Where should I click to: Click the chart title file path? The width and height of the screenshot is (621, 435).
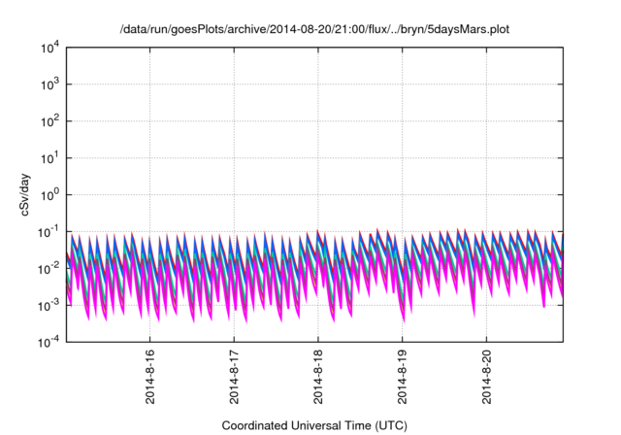pyautogui.click(x=315, y=30)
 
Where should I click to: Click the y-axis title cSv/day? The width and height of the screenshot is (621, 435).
pyautogui.click(x=32, y=194)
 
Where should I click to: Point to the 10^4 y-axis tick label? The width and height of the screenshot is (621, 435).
pyautogui.click(x=49, y=48)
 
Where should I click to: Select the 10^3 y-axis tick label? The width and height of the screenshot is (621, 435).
pyautogui.click(x=49, y=84)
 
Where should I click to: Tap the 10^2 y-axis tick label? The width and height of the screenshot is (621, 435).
pyautogui.click(x=49, y=121)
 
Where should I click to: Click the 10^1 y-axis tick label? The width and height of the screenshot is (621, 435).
pyautogui.click(x=49, y=157)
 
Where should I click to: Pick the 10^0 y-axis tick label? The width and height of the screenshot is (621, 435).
pyautogui.click(x=49, y=194)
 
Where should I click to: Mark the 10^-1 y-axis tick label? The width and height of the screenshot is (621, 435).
pyautogui.click(x=49, y=231)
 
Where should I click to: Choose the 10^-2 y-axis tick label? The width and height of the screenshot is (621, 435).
pyautogui.click(x=49, y=268)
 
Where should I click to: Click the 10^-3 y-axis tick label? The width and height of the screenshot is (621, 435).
pyautogui.click(x=49, y=304)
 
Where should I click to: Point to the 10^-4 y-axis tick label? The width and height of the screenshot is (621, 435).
pyautogui.click(x=49, y=341)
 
